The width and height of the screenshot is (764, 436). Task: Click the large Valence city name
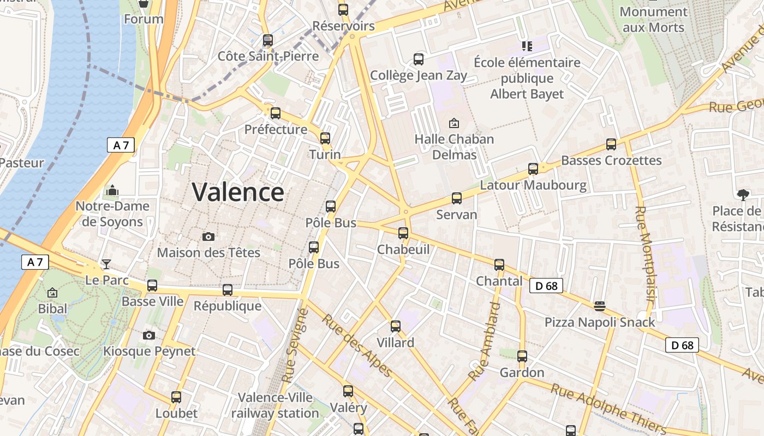click(238, 192)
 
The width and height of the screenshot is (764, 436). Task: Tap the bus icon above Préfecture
click(276, 113)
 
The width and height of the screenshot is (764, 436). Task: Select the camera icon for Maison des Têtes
click(208, 237)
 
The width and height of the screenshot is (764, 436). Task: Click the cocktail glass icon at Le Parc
click(106, 264)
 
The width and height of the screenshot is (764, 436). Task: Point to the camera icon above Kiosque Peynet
click(149, 335)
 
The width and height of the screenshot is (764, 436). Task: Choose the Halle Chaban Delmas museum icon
click(454, 123)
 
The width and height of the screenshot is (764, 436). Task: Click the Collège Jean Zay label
click(419, 75)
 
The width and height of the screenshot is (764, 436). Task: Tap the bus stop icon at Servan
click(457, 198)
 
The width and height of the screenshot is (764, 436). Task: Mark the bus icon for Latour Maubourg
click(533, 169)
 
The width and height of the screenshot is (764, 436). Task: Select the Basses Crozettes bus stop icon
click(611, 144)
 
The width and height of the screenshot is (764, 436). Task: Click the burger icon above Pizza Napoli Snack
click(599, 306)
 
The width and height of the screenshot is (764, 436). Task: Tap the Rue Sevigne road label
click(295, 346)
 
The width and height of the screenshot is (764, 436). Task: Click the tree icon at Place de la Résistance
click(743, 195)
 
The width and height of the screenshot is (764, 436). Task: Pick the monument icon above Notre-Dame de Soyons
click(112, 190)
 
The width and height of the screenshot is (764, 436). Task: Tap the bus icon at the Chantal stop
click(499, 265)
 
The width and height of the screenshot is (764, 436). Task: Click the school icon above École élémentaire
click(527, 46)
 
